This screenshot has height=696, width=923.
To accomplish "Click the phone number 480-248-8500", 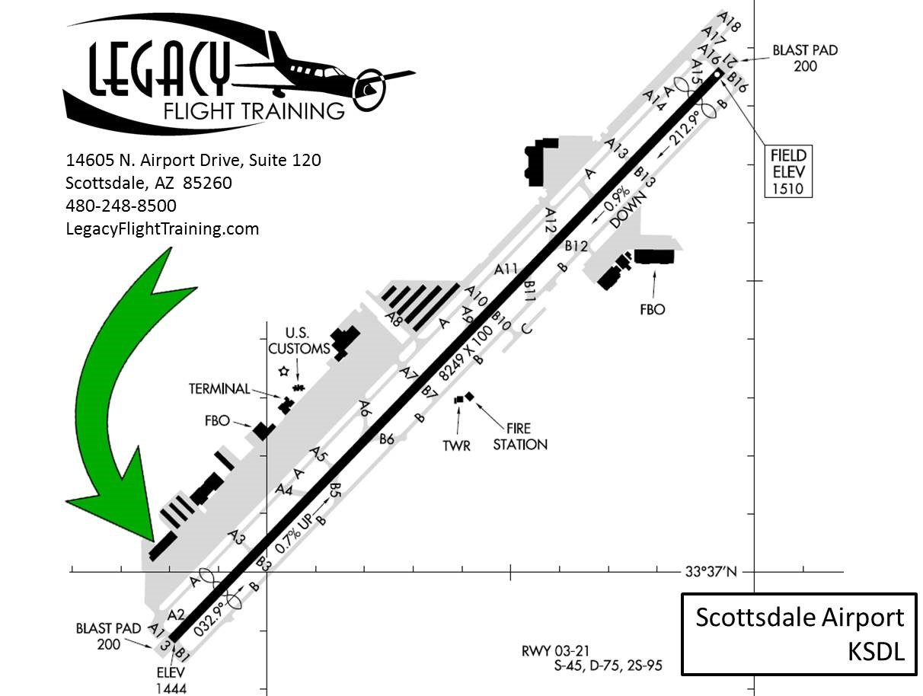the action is click(x=121, y=206).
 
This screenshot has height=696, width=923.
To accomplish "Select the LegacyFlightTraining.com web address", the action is click(x=162, y=229).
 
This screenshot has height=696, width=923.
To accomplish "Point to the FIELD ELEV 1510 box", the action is click(x=788, y=171).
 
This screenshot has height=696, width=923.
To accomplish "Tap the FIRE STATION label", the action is click(x=520, y=436).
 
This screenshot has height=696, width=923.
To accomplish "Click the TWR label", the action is click(x=456, y=445).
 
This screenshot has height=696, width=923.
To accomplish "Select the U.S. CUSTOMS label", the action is click(x=299, y=341).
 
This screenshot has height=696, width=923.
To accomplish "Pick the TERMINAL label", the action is click(x=219, y=389).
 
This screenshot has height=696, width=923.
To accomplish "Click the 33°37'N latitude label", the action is click(x=711, y=572).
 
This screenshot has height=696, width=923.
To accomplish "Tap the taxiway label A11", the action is click(x=506, y=269).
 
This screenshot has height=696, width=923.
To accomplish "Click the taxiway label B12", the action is click(x=576, y=246).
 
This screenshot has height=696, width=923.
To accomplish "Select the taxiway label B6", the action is click(x=386, y=439).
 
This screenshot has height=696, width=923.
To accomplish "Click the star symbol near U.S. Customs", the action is click(x=284, y=371).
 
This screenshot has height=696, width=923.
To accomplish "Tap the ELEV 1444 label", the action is click(x=171, y=681).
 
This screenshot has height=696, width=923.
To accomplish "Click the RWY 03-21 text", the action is click(x=555, y=651).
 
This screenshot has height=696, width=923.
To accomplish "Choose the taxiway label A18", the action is click(x=728, y=22).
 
